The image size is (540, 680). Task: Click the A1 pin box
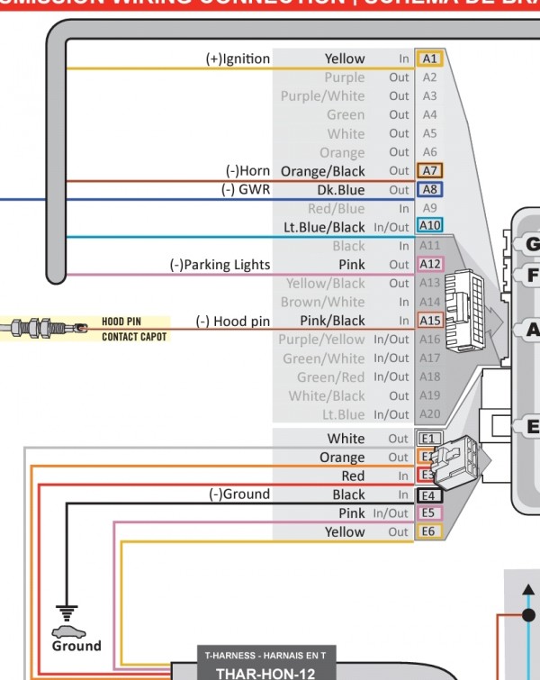pos(429,59)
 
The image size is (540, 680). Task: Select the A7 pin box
pos(429,171)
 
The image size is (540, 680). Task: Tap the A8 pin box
pos(429,190)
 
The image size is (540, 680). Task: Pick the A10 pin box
pos(429,227)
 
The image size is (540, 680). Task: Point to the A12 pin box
pos(429,265)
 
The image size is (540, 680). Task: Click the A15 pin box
pos(429,321)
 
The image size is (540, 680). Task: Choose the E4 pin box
pos(429,494)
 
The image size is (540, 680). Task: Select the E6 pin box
pos(429,532)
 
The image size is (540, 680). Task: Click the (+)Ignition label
pos(238,59)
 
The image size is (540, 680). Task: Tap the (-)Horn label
pos(247,171)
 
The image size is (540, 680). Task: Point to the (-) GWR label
pos(246,190)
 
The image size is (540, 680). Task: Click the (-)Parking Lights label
pos(220,265)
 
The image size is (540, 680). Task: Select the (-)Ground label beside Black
pos(239,494)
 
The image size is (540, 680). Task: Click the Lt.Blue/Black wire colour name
pos(324,228)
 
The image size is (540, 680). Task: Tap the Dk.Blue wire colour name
pos(341,190)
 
